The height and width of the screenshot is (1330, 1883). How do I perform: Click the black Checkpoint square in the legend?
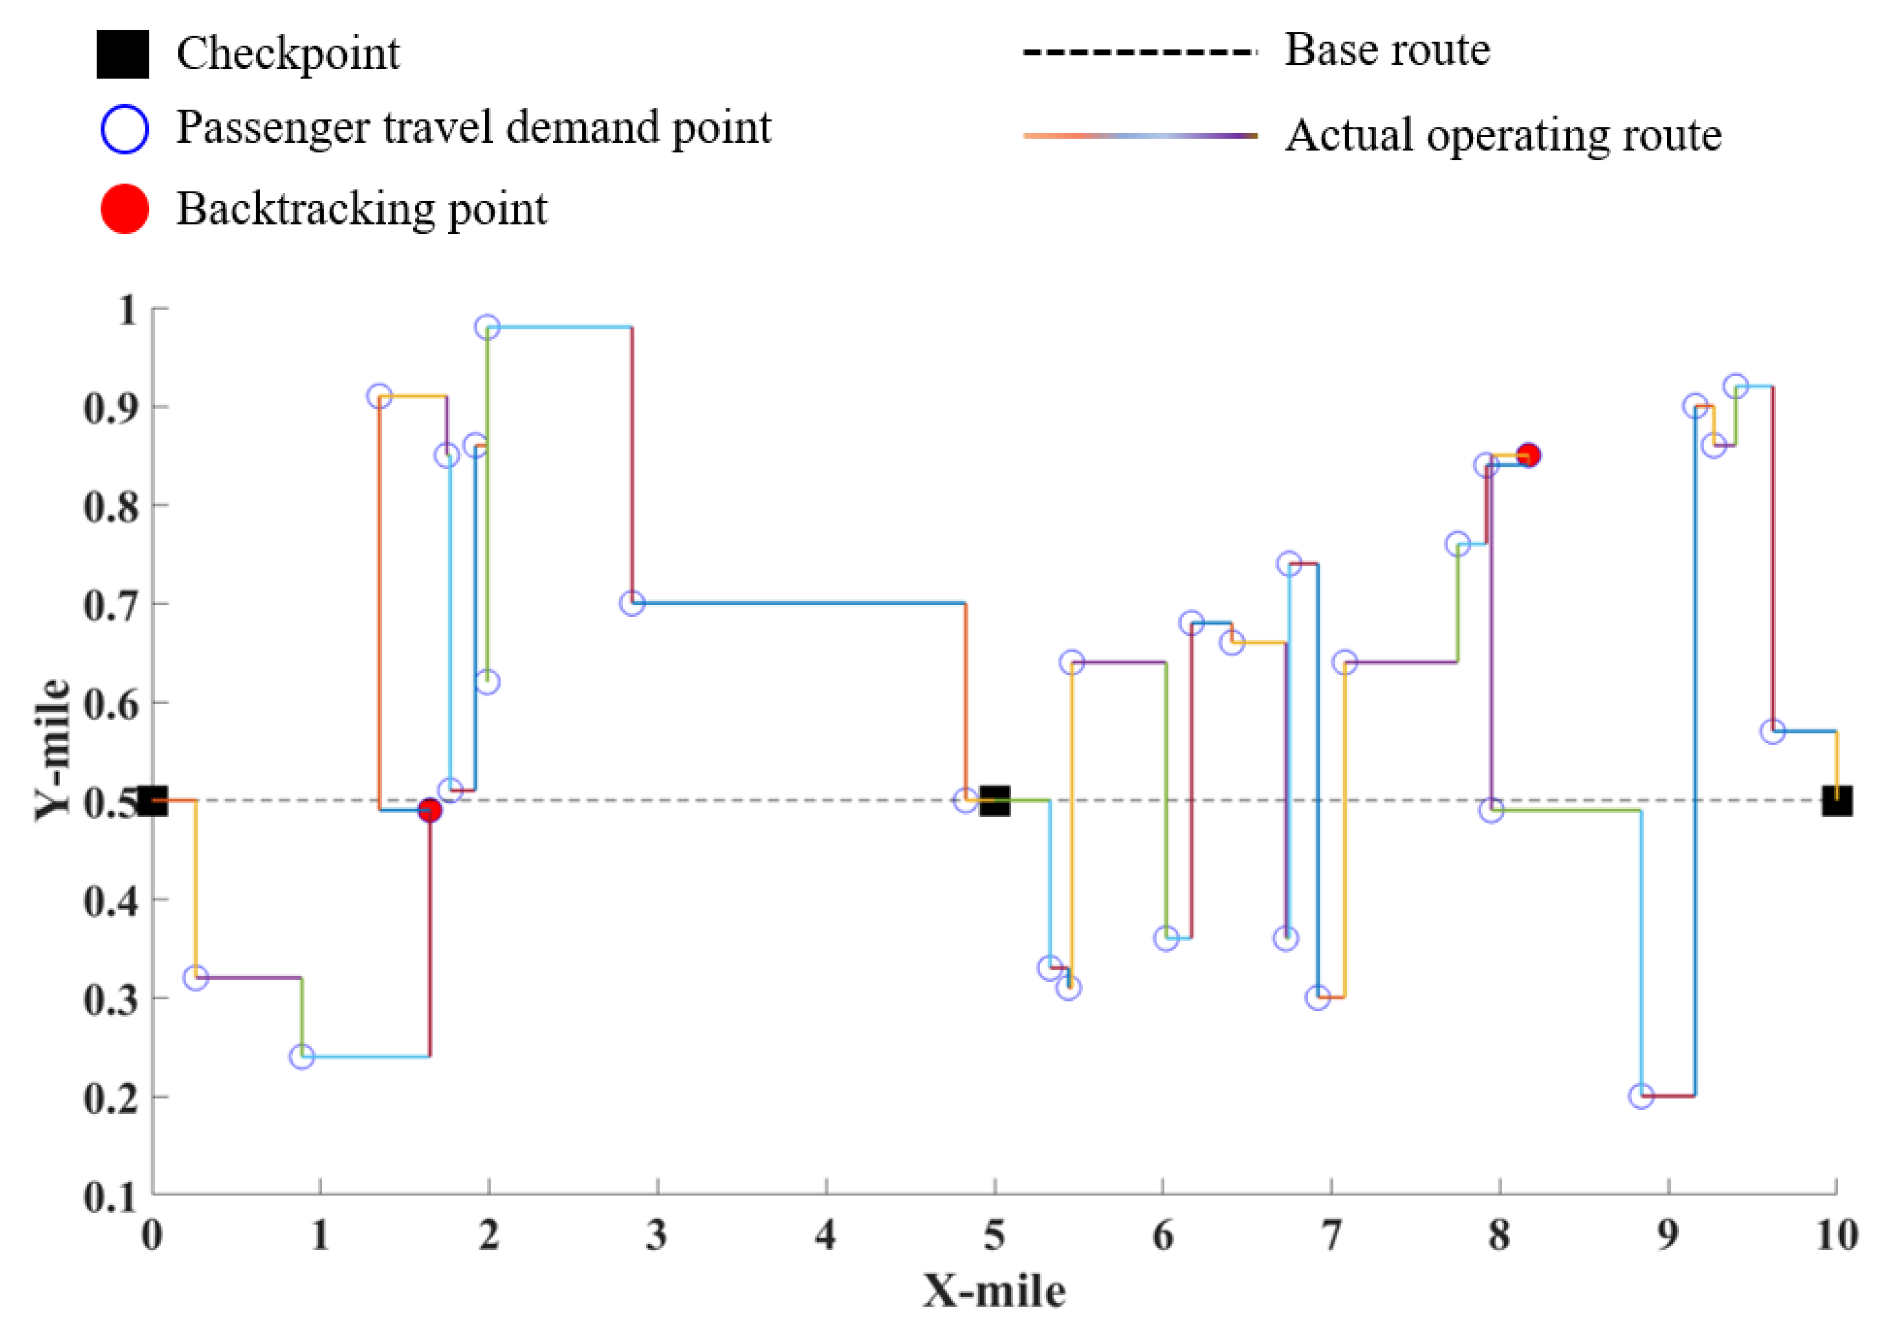click(x=123, y=54)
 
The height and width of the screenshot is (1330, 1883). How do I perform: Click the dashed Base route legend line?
click(x=1139, y=53)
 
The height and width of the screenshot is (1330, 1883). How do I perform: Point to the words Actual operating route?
click(x=1503, y=135)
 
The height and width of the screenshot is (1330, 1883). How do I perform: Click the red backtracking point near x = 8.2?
click(x=1527, y=455)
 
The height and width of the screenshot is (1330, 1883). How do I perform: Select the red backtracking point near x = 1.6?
click(x=430, y=810)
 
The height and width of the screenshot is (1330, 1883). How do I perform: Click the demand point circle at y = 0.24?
click(x=302, y=1057)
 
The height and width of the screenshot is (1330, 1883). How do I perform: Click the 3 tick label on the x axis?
click(x=656, y=1236)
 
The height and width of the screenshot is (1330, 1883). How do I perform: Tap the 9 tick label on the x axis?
click(x=1667, y=1236)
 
